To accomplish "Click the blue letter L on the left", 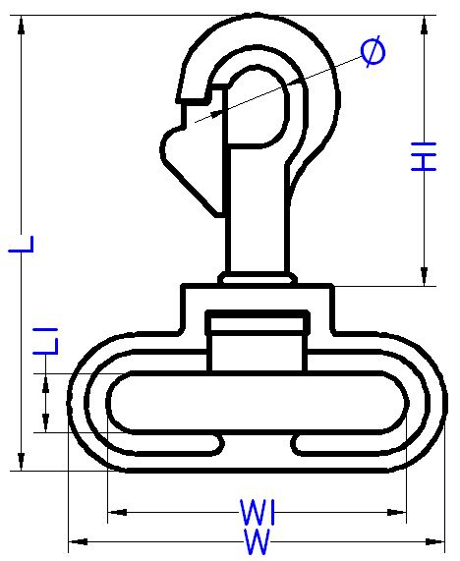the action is pyautogui.click(x=21, y=245).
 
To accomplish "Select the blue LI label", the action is pyautogui.click(x=45, y=341).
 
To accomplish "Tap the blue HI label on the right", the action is pyautogui.click(x=424, y=156).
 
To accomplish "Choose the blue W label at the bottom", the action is pyautogui.click(x=257, y=542).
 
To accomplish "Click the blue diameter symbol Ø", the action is pyautogui.click(x=373, y=51).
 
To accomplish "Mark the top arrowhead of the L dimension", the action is pyautogui.click(x=22, y=25).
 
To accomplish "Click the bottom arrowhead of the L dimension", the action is pyautogui.click(x=22, y=462).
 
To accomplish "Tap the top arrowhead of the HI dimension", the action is pyautogui.click(x=425, y=25).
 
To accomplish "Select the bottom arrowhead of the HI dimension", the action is pyautogui.click(x=425, y=276).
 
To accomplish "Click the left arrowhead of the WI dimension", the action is pyautogui.click(x=117, y=512).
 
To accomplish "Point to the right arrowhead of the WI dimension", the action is pyautogui.click(x=397, y=512).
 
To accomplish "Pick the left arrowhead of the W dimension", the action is pyautogui.click(x=78, y=541).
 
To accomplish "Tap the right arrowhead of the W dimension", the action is pyautogui.click(x=434, y=541).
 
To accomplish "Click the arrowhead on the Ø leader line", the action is pyautogui.click(x=214, y=114).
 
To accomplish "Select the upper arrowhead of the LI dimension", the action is pyautogui.click(x=45, y=383).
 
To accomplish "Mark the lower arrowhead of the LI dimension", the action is pyautogui.click(x=45, y=422).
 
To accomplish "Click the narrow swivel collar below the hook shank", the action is pyautogui.click(x=258, y=278).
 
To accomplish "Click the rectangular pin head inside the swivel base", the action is pyautogui.click(x=258, y=322).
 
